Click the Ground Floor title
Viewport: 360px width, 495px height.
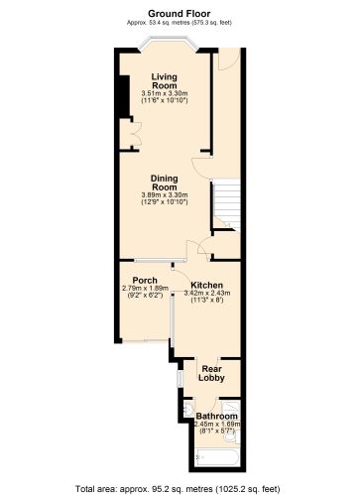coord(179,9)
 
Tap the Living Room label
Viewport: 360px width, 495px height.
coord(165,80)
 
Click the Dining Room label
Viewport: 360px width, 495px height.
coord(165,183)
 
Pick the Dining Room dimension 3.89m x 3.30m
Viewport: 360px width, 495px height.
coord(165,195)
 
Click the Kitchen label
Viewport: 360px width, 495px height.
coord(206,285)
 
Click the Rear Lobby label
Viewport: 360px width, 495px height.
coord(209,373)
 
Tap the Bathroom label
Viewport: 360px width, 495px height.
coord(216,417)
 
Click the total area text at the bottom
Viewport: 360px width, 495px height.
coord(179,488)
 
